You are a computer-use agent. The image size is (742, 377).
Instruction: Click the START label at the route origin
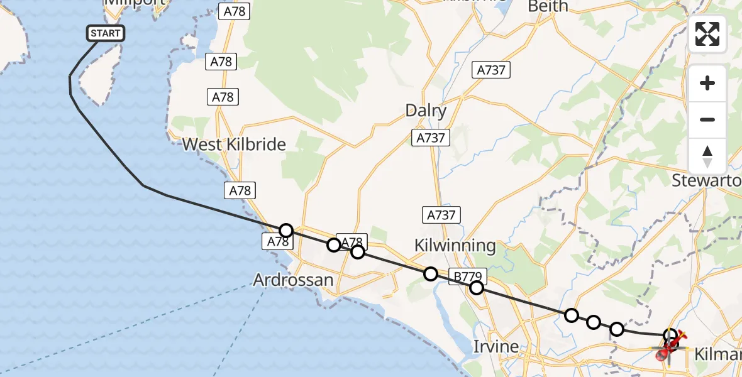click(x=106, y=33)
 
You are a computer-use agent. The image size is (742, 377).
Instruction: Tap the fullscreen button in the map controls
click(x=707, y=34)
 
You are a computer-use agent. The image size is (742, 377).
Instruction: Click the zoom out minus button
click(x=707, y=119)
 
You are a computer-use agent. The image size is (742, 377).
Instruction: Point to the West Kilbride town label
click(x=234, y=145)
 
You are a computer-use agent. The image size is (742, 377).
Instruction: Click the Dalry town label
click(x=426, y=111)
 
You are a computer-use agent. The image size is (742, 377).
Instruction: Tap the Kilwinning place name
click(x=455, y=246)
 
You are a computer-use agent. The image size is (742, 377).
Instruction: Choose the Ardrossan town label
click(x=293, y=280)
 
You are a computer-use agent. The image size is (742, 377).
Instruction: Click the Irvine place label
click(x=496, y=346)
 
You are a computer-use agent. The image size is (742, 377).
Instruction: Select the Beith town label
click(x=548, y=6)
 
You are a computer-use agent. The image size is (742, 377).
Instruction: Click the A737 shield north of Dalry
click(x=491, y=70)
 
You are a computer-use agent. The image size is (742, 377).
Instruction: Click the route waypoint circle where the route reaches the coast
click(x=286, y=231)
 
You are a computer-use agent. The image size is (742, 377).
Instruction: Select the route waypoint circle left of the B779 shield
click(x=431, y=273)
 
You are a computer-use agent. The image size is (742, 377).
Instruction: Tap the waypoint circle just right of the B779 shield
click(x=477, y=288)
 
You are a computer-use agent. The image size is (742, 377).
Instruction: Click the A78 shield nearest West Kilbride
click(x=240, y=190)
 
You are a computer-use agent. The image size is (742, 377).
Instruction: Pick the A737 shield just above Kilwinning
click(x=441, y=215)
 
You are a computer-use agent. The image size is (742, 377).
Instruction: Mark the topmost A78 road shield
click(x=234, y=11)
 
